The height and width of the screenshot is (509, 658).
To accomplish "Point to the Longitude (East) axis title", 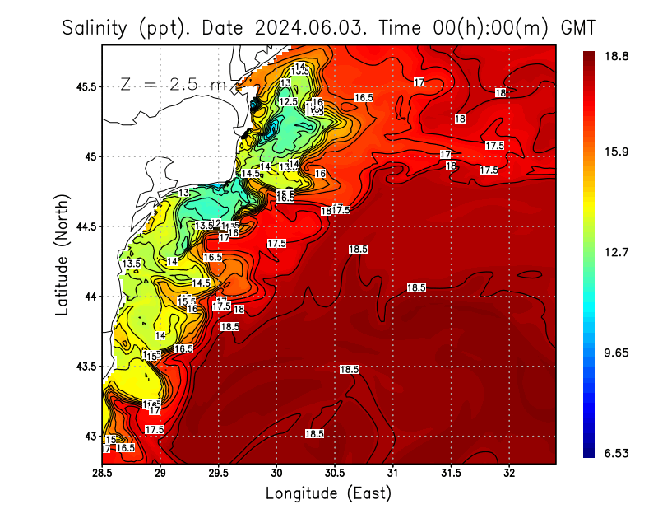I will click(328, 493).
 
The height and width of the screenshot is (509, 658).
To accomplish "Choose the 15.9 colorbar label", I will click(617, 152).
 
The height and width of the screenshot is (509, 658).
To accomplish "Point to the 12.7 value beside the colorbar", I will click(617, 252).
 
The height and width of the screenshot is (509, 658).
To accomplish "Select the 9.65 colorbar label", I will click(617, 353).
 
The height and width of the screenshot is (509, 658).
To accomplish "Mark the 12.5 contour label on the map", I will click(288, 102).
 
